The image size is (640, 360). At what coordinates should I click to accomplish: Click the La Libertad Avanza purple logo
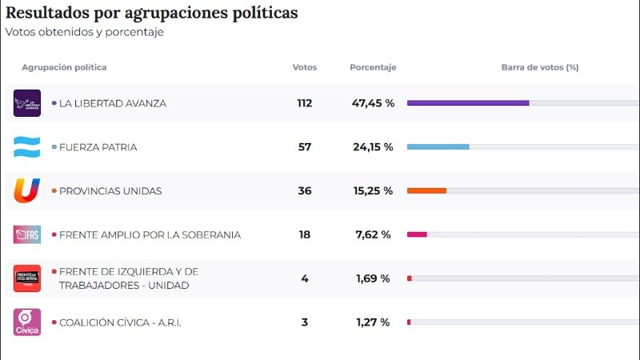(x=26, y=103)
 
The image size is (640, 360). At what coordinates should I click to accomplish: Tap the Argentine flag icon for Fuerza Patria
(x=26, y=147)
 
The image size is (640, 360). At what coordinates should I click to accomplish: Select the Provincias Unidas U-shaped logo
(x=26, y=191)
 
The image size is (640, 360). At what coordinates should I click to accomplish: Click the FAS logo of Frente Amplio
(x=26, y=234)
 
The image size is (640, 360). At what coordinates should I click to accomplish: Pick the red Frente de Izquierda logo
(x=26, y=278)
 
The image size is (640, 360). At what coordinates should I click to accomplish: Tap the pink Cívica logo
(x=26, y=322)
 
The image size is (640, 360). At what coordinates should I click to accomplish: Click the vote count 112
(x=304, y=103)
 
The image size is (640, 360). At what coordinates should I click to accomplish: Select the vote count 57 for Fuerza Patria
(x=304, y=147)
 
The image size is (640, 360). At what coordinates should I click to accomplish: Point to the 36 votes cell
(x=304, y=191)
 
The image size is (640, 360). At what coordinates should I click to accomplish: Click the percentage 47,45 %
(x=373, y=103)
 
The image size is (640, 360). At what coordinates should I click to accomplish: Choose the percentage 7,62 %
(x=373, y=234)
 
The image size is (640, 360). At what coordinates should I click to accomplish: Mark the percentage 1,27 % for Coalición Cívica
(x=373, y=322)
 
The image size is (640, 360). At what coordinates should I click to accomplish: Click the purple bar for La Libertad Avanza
(x=468, y=103)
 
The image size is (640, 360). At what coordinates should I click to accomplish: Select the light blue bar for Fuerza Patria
(x=438, y=147)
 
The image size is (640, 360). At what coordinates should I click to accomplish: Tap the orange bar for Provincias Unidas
(x=426, y=191)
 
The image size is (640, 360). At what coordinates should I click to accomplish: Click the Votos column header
(x=304, y=67)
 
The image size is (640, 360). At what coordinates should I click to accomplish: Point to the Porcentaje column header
(x=373, y=67)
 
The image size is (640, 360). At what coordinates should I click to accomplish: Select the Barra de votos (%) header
(x=539, y=67)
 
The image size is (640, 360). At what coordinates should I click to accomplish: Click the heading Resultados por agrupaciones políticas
(x=152, y=14)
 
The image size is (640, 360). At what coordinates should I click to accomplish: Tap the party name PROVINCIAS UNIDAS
(x=110, y=191)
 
